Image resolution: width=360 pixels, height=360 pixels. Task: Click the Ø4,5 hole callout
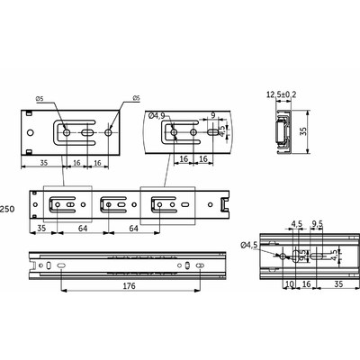tap(249, 244)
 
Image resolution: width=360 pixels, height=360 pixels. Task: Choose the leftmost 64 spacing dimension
tap(81, 229)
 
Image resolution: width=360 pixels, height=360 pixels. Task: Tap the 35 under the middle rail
tap(41, 229)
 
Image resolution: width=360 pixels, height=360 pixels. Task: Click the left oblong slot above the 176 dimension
tap(59, 267)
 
